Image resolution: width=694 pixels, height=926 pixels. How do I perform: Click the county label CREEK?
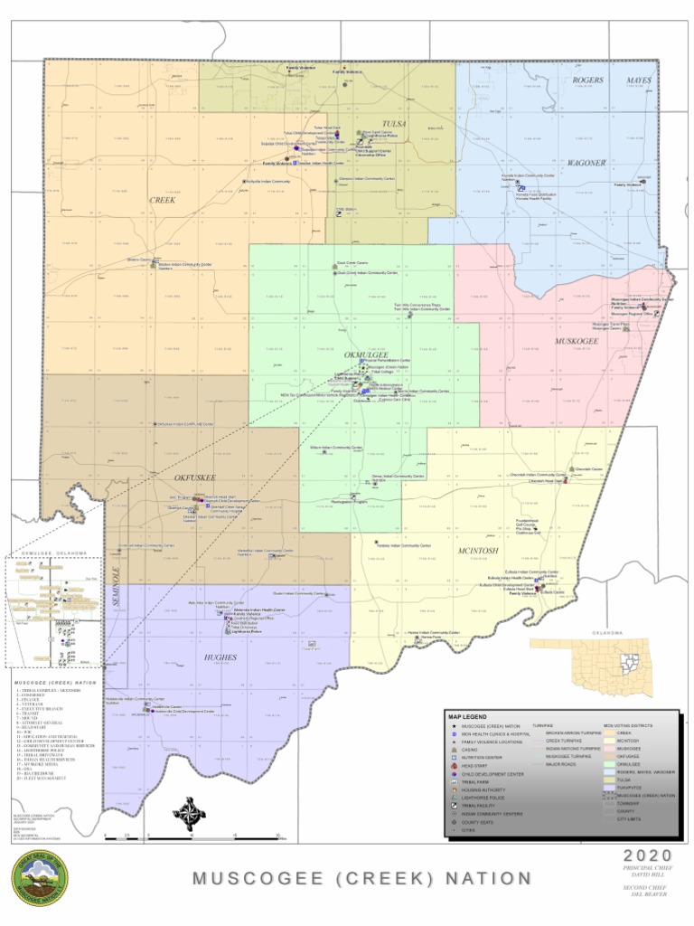163,200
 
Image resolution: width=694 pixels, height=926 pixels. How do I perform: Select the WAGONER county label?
586,163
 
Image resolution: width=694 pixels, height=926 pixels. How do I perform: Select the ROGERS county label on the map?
588,80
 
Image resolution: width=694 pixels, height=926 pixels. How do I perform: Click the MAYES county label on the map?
640,80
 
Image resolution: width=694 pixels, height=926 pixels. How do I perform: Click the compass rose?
189,813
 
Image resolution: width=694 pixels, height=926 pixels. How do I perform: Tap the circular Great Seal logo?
40,878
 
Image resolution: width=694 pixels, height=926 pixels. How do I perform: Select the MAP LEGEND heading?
469,716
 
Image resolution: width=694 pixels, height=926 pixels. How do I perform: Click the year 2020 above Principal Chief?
648,855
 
